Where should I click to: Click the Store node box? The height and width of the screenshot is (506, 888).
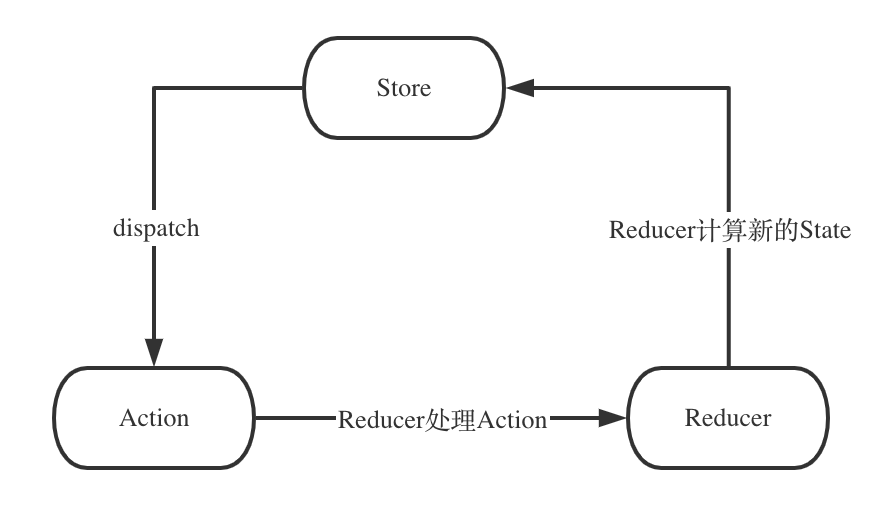pos(404,88)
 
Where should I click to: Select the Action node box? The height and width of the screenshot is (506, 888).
pos(154,418)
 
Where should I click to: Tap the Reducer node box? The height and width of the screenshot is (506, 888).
pos(728,418)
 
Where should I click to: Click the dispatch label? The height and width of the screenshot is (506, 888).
pos(155,228)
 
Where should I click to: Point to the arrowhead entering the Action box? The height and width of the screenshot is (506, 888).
pos(153,352)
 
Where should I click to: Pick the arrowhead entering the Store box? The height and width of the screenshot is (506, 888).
pos(520,88)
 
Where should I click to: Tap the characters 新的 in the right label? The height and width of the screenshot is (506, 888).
pos(766,231)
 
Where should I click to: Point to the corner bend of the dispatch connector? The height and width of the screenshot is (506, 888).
pos(153,88)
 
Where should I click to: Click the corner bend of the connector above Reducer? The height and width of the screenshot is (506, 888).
pos(729,88)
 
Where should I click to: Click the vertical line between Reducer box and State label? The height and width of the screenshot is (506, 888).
pos(729,305)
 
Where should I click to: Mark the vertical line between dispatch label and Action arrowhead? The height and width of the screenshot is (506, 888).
pos(153,290)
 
